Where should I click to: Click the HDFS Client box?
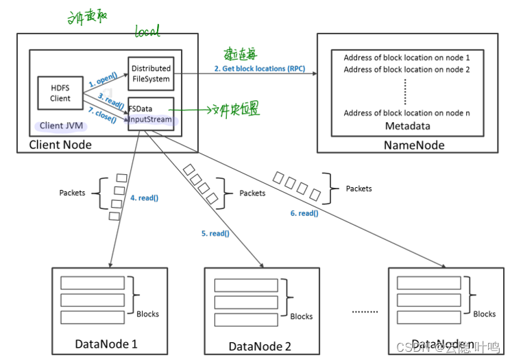click(x=60, y=93)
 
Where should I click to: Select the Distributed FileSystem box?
click(x=151, y=74)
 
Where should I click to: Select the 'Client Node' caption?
click(x=60, y=145)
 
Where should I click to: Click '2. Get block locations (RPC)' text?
click(x=260, y=69)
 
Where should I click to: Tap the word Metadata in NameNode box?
click(x=406, y=125)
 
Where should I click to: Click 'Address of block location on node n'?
click(x=406, y=112)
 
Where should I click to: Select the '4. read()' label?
click(x=144, y=199)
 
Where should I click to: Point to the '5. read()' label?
click(x=215, y=233)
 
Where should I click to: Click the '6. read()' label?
click(x=304, y=213)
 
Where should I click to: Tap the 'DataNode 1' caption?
click(x=106, y=343)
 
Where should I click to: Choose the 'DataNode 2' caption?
click(x=260, y=346)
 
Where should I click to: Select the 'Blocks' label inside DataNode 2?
click(x=301, y=316)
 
